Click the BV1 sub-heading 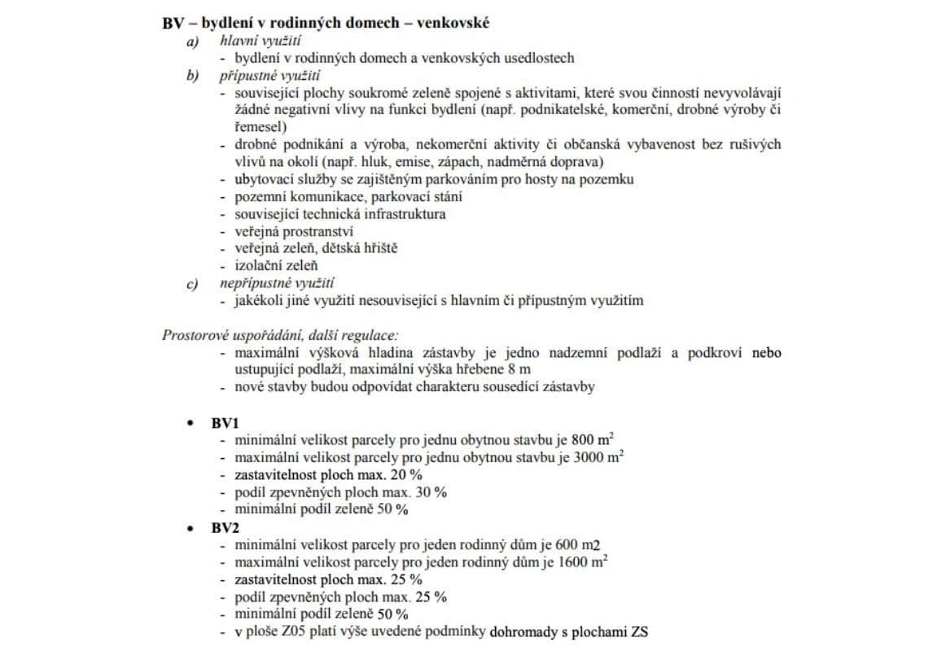226,423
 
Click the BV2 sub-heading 226,527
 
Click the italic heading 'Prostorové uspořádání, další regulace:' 280,335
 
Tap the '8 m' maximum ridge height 481,369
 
